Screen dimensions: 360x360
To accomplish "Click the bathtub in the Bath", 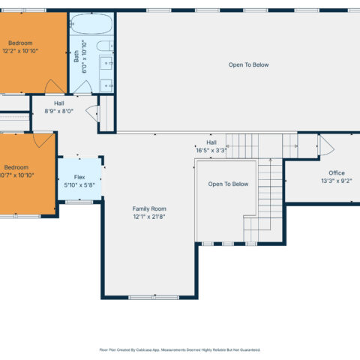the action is (x=91, y=23).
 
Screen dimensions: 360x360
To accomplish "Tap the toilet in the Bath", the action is (x=105, y=46).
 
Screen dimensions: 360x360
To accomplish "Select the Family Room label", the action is (x=149, y=208).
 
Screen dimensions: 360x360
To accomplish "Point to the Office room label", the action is (x=337, y=173).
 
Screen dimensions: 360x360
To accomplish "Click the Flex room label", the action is (x=79, y=177).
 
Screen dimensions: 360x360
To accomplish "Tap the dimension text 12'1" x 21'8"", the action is (x=149, y=217).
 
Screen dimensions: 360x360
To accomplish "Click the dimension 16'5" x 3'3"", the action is (x=211, y=151).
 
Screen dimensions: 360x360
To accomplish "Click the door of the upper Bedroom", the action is (x=54, y=86).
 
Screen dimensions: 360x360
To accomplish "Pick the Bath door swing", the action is (x=83, y=87).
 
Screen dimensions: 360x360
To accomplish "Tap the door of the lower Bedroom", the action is (x=43, y=140).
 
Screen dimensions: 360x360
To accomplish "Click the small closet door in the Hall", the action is (x=93, y=113).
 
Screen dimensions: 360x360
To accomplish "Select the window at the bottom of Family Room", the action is (x=154, y=298).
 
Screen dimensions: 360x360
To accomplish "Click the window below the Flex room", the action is (x=79, y=202).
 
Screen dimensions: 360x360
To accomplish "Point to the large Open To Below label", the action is (x=248, y=64).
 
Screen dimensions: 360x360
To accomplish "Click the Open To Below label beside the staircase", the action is (x=228, y=184).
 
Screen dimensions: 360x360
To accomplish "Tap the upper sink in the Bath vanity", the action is (x=106, y=63).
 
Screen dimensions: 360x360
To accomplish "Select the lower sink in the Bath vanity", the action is (x=106, y=85).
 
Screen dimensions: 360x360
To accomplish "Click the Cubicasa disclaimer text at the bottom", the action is (x=180, y=349).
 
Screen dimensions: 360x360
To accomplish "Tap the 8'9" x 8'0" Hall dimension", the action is (x=59, y=111).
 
